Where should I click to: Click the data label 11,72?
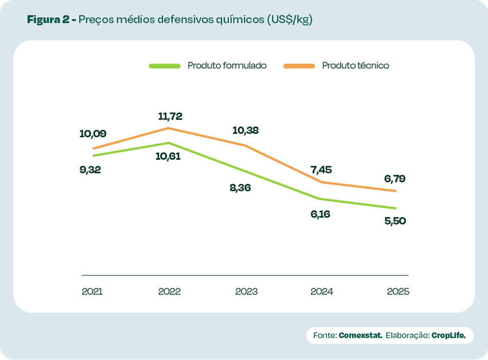170,116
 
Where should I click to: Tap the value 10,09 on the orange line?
92,134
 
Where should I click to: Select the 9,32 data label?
90,169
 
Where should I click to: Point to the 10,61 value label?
168,156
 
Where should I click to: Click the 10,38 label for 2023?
245,130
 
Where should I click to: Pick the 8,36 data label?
240,188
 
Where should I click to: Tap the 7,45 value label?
321,169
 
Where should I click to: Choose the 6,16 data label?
320,214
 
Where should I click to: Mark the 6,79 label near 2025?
395,179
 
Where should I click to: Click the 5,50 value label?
395,220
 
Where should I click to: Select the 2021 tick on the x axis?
92,291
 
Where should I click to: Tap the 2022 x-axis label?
169,291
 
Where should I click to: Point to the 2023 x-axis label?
246,291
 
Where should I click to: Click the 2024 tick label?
322,291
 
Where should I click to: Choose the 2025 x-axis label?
398,291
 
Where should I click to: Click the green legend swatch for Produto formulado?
164,66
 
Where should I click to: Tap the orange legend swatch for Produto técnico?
299,66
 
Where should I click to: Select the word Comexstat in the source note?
361,335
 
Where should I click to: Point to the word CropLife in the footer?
448,335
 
